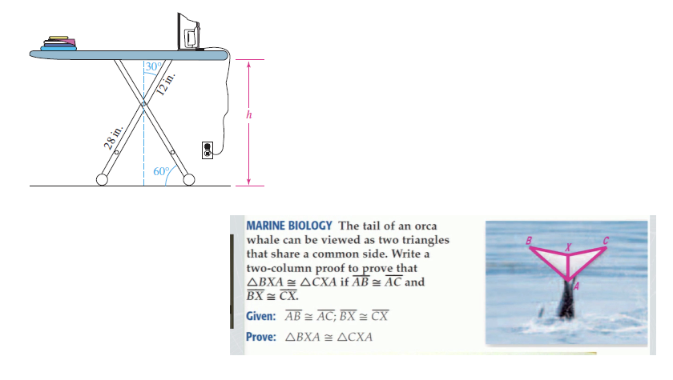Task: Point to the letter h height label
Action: point(249,114)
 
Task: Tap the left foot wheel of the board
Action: point(103,180)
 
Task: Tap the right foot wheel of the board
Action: point(189,180)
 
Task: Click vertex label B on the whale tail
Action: point(528,239)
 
